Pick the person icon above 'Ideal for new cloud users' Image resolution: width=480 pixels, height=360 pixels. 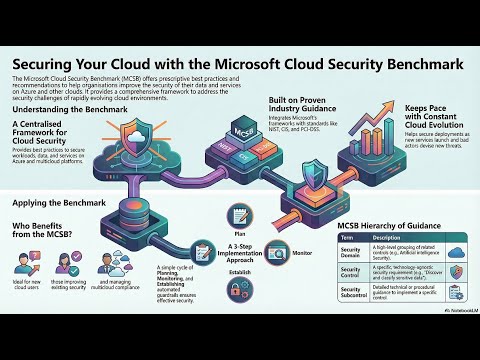(x=24, y=264)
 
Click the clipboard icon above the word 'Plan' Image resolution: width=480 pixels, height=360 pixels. (x=240, y=212)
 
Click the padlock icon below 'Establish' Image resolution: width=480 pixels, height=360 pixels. (x=239, y=290)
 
